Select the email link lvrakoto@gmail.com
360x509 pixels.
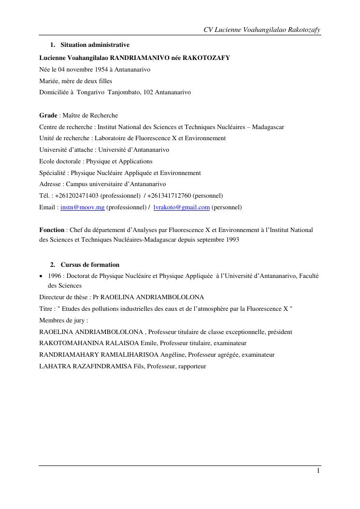181,207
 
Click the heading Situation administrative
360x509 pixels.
95,45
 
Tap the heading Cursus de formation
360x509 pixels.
90,265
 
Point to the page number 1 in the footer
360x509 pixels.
318,471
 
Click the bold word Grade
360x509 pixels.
48,116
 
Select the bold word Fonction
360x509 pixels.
52,230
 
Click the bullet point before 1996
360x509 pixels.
42,276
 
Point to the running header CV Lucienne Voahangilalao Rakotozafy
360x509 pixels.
262,30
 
